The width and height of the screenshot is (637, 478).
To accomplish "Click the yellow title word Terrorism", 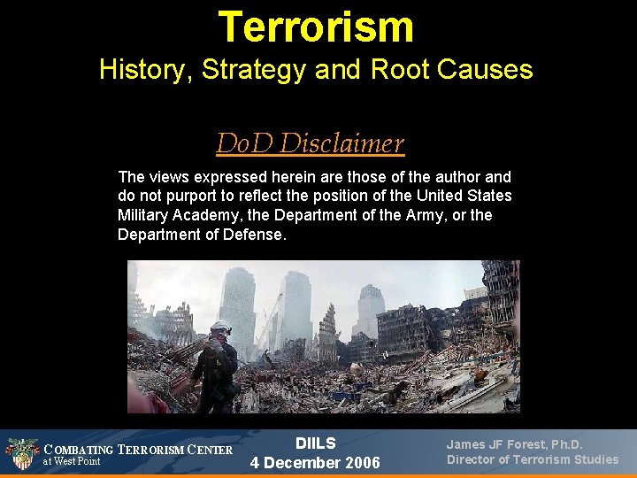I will (x=316, y=27).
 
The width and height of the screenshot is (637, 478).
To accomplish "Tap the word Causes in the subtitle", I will (x=491, y=70).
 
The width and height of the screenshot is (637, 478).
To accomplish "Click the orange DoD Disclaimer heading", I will (x=310, y=143).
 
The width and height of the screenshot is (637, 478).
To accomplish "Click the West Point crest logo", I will (x=22, y=453).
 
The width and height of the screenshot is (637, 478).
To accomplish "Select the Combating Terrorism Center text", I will (x=138, y=449).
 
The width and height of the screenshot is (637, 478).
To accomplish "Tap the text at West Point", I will (x=73, y=462).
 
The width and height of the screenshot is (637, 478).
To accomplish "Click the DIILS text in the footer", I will (x=315, y=443).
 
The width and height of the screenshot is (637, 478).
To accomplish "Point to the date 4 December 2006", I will (x=315, y=463).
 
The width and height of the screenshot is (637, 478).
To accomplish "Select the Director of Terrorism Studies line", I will (x=533, y=459).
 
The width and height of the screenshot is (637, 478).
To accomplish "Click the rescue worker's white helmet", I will (x=220, y=327).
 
